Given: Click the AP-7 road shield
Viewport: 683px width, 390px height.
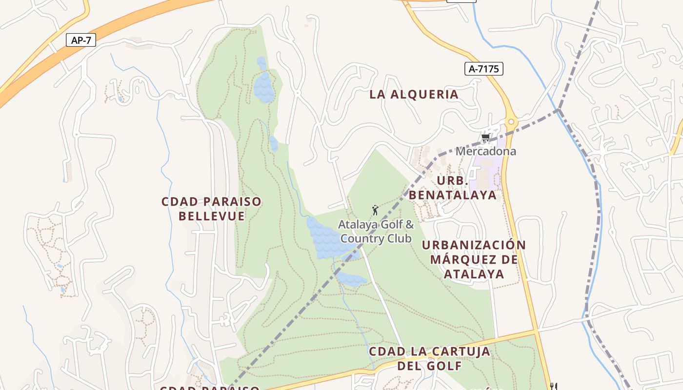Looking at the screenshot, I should (x=81, y=40).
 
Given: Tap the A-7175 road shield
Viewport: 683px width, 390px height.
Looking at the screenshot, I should (x=483, y=69).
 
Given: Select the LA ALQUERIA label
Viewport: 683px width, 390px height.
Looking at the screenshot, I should (x=414, y=95).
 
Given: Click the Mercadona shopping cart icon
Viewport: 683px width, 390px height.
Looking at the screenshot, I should (x=485, y=138).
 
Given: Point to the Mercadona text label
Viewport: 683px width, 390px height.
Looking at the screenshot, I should (x=485, y=151).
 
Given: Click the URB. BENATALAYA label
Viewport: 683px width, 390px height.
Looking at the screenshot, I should (x=452, y=188).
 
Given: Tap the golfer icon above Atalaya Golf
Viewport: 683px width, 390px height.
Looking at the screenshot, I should (x=375, y=211).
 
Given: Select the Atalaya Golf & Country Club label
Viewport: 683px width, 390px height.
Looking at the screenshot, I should (x=376, y=232).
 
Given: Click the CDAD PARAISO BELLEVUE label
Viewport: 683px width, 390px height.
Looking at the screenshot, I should (x=211, y=209).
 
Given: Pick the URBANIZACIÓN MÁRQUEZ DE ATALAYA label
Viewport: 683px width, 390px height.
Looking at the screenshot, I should (x=474, y=259).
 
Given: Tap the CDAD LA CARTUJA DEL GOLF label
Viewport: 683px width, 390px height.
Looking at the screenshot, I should (x=429, y=358).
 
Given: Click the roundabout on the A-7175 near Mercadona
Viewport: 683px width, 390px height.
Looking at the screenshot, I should (x=511, y=121).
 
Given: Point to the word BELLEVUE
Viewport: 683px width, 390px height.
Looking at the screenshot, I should (x=212, y=216).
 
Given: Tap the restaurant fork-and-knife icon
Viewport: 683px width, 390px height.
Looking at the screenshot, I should (x=553, y=386).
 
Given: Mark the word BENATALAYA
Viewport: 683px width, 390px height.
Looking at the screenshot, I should (x=452, y=195).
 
